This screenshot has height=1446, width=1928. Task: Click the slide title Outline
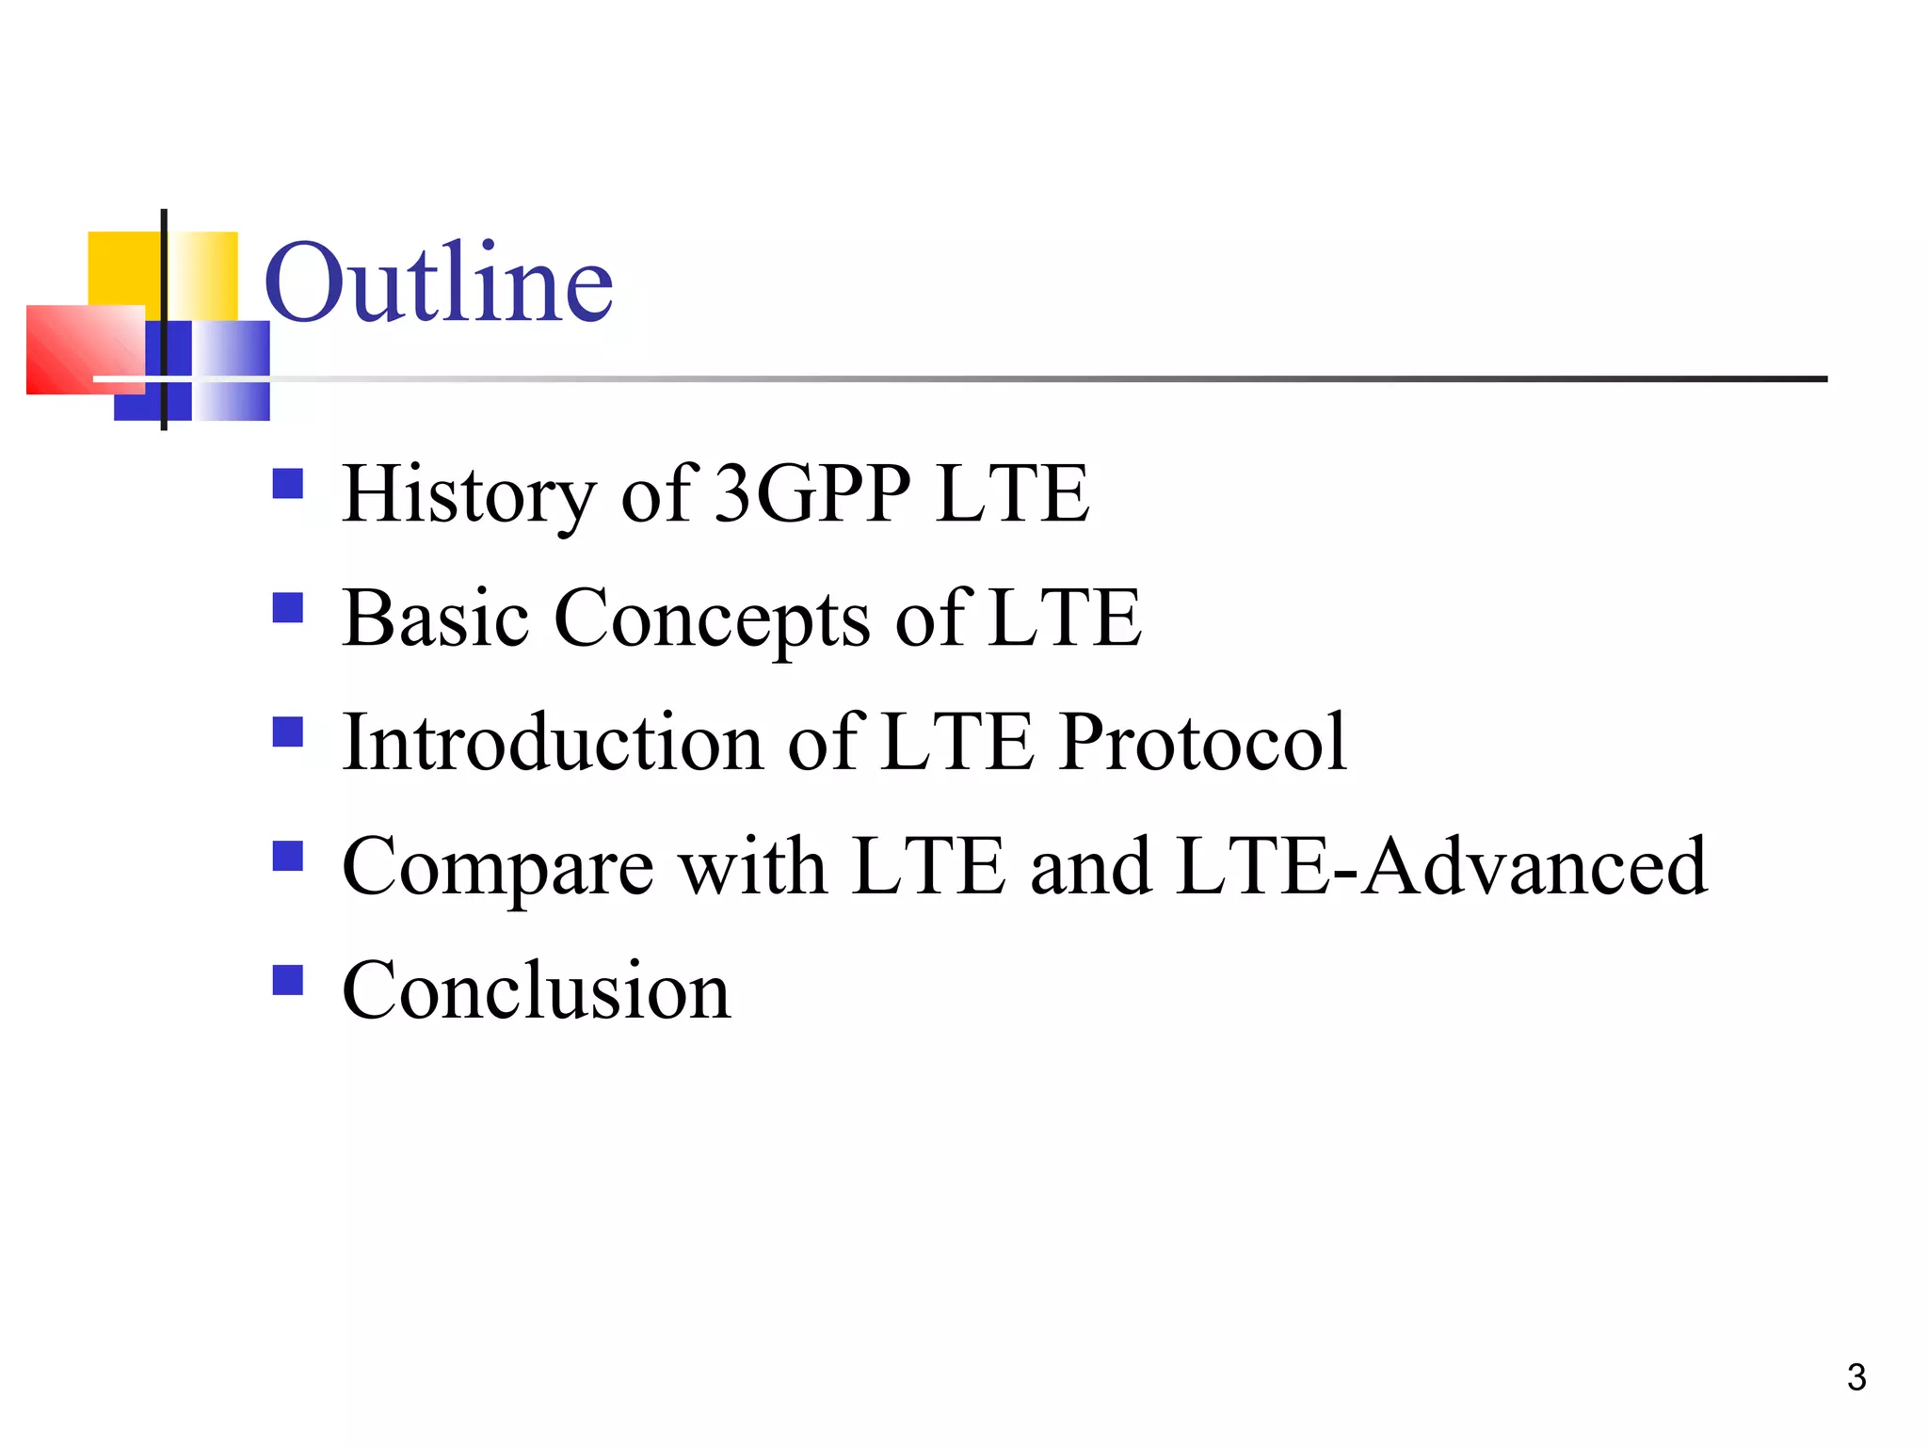point(439,282)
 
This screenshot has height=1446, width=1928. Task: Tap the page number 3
point(1856,1378)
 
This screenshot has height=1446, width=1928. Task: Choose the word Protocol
point(1202,744)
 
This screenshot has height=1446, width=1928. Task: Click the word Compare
point(497,868)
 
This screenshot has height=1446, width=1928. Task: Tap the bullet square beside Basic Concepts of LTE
point(287,608)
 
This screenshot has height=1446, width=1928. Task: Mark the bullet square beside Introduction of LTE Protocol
point(287,732)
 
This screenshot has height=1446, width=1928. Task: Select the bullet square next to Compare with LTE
point(287,857)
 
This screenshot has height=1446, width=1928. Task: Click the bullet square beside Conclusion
point(287,980)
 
